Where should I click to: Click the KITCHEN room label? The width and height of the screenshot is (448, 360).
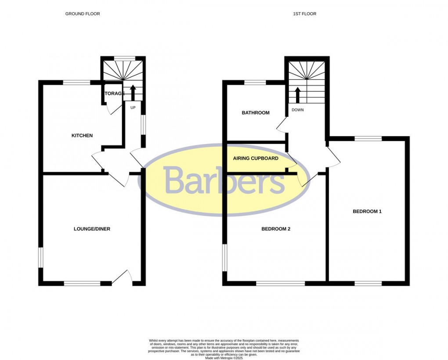click(82, 136)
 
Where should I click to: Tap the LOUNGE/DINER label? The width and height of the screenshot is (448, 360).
click(92, 229)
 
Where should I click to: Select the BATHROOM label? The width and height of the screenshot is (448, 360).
click(256, 113)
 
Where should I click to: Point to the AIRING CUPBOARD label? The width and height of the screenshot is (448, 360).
click(256, 158)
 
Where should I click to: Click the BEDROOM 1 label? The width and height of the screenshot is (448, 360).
click(367, 212)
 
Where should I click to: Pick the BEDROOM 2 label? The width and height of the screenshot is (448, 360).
click(276, 229)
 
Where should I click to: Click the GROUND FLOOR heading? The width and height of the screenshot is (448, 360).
click(83, 14)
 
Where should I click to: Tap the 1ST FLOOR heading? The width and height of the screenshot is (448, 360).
click(305, 14)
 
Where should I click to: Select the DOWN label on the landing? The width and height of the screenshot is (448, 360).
click(297, 110)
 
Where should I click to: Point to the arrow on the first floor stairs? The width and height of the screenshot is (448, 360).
click(297, 95)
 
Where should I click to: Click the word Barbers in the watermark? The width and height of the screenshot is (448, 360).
click(224, 180)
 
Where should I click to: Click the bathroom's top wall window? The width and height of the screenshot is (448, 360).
click(255, 83)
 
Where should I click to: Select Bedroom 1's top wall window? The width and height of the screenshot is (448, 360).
click(368, 138)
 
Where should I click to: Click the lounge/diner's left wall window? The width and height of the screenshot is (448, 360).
click(41, 258)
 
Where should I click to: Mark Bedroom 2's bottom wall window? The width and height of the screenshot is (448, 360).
click(280, 284)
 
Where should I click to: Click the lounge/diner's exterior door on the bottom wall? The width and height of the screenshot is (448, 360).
click(122, 277)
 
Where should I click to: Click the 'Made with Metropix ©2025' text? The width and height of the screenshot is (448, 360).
click(224, 358)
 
